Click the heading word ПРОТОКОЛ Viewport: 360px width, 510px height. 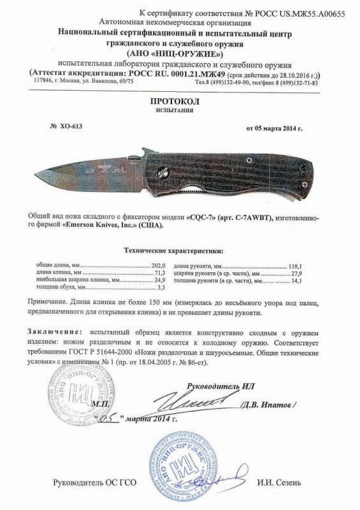(179, 101)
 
